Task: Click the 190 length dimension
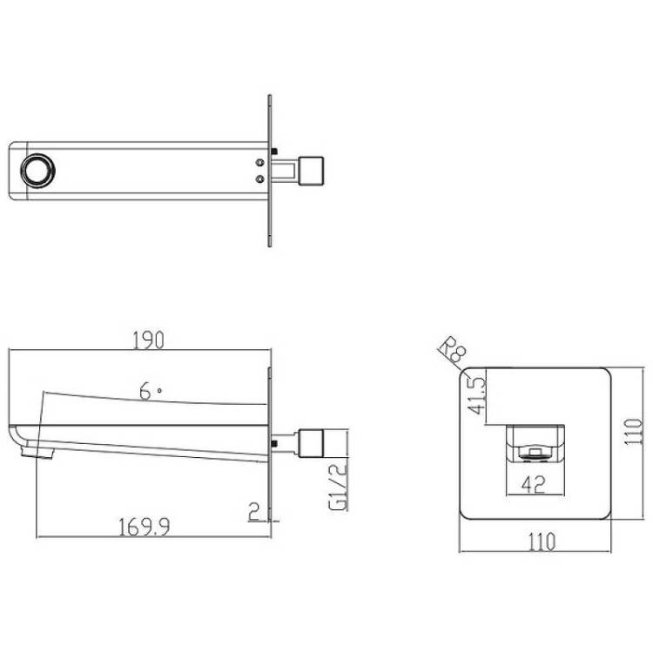pyautogui.click(x=149, y=340)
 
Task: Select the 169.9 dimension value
pyautogui.click(x=144, y=528)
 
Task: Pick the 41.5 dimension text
pyautogui.click(x=477, y=395)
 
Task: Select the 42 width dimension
pyautogui.click(x=534, y=485)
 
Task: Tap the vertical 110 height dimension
pyautogui.click(x=634, y=432)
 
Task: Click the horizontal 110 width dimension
pyautogui.click(x=542, y=542)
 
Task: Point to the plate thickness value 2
pyautogui.click(x=254, y=512)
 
